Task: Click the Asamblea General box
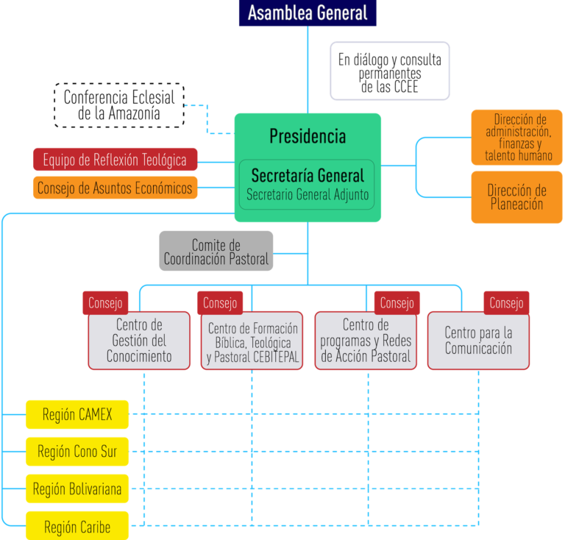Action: [307, 13]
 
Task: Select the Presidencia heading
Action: [307, 136]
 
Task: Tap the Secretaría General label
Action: [307, 176]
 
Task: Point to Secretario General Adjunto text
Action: [307, 195]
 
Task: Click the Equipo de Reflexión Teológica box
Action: [115, 160]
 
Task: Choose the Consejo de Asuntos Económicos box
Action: [115, 188]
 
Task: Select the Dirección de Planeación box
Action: [516, 197]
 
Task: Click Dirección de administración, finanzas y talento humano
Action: [517, 138]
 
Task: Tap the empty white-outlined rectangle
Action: [389, 71]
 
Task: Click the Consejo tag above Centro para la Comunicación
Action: [506, 302]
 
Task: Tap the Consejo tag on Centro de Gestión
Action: [106, 302]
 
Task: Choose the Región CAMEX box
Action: [77, 415]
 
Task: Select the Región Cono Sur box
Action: [77, 451]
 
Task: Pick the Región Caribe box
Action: [77, 526]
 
